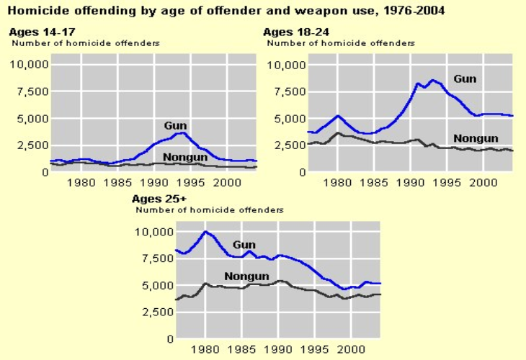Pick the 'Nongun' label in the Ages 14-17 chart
[185, 157]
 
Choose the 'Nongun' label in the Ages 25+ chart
[247, 276]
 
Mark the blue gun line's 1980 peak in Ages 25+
[206, 232]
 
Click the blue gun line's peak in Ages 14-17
[183, 132]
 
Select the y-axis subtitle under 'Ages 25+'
[210, 210]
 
